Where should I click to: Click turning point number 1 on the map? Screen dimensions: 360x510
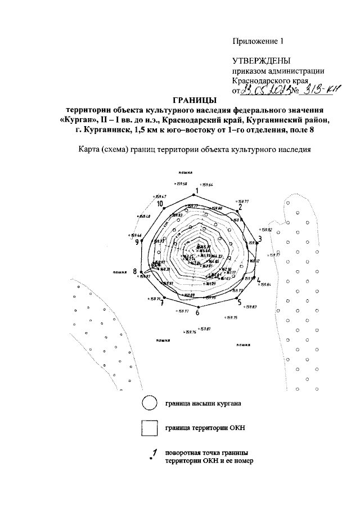(x=197, y=190)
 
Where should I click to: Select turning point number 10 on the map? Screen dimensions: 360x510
(x=160, y=204)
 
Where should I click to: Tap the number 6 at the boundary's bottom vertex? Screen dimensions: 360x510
(x=197, y=312)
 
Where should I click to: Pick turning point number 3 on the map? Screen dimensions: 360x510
(x=259, y=239)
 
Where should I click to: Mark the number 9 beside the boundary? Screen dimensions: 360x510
(x=137, y=242)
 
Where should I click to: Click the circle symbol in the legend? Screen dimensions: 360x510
(x=148, y=404)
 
